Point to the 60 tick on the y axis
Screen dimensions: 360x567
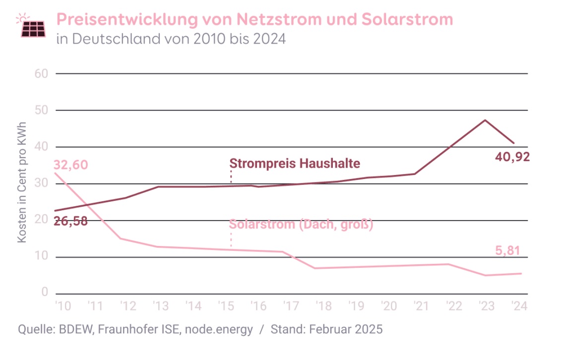[41, 73]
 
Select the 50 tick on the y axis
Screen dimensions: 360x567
[41, 110]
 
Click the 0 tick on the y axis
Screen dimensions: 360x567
[45, 293]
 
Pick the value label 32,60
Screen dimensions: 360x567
[71, 164]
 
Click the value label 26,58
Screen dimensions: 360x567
[70, 221]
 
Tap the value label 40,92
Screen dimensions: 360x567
[512, 158]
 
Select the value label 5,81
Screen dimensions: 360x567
[507, 251]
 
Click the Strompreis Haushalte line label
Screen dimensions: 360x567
[295, 164]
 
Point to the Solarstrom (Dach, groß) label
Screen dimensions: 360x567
[301, 224]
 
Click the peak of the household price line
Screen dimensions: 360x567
[485, 120]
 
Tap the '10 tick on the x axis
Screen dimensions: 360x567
[62, 305]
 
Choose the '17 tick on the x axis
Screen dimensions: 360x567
[291, 305]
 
